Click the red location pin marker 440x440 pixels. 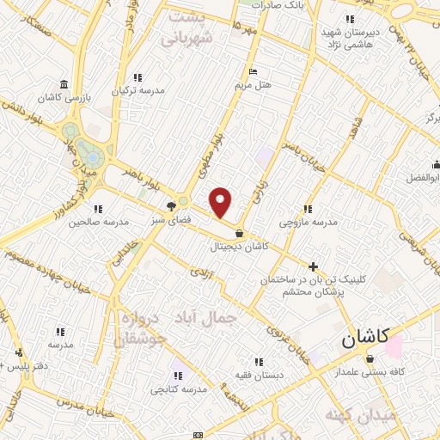[222, 203]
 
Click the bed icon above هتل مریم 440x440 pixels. [252, 71]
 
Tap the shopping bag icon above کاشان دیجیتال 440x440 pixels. [239, 233]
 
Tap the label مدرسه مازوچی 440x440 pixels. [309, 222]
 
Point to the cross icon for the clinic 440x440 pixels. [314, 266]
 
